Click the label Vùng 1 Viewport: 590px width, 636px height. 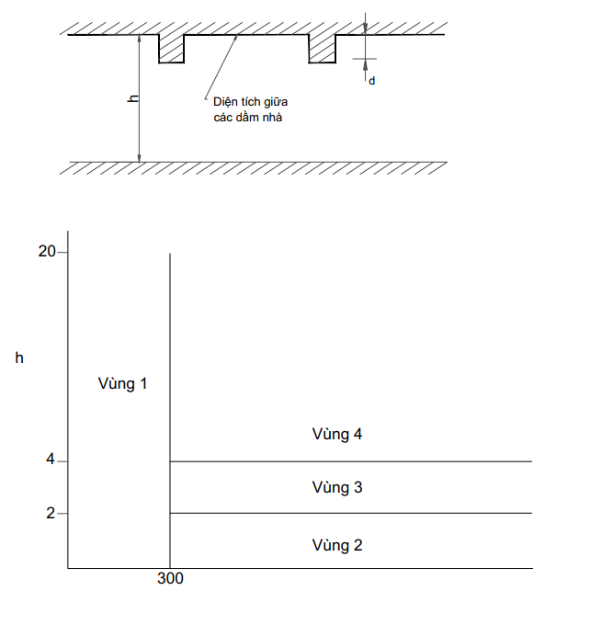[122, 383]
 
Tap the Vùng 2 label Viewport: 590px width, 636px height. [337, 545]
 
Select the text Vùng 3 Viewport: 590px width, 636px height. [337, 487]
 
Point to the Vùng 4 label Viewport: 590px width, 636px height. [337, 434]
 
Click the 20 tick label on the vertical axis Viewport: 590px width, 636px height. [47, 252]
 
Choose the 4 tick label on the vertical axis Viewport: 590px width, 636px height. [51, 460]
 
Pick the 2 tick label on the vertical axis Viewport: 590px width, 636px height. [51, 513]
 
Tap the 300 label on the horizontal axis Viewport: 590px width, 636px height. [170, 578]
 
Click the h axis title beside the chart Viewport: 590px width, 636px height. [19, 358]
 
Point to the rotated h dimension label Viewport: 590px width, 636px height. [132, 98]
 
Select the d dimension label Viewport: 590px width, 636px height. [371, 81]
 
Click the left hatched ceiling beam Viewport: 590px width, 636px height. [171, 49]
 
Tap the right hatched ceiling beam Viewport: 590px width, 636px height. [322, 49]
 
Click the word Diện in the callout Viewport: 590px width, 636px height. [225, 102]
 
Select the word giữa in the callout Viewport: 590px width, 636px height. [275, 102]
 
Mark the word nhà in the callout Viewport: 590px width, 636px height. [272, 118]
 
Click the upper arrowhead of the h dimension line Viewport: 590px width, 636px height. [139, 39]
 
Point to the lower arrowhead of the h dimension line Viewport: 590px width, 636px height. [139, 158]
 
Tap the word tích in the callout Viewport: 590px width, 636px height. [249, 102]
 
